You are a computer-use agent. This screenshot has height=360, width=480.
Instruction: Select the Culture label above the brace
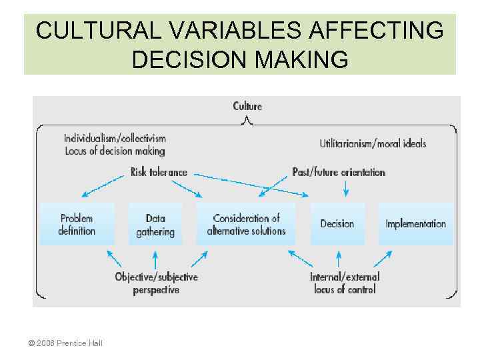pyautogui.click(x=247, y=106)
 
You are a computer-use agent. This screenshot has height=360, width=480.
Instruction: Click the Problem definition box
pyautogui.click(x=77, y=224)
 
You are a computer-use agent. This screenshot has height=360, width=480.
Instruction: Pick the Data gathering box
pyautogui.click(x=155, y=224)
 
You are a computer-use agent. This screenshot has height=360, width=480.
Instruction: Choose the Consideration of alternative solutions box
pyautogui.click(x=246, y=224)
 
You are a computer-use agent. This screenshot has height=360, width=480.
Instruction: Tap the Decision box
pyautogui.click(x=337, y=224)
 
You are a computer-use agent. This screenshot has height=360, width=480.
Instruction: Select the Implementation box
pyautogui.click(x=415, y=224)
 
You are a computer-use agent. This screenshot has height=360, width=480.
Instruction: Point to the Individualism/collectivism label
pyautogui.click(x=115, y=139)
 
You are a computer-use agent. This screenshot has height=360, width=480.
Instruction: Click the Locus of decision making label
pyautogui.click(x=115, y=151)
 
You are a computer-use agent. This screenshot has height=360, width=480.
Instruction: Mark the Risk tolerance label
pyautogui.click(x=159, y=172)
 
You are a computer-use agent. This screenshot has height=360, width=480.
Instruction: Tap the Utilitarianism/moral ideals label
pyautogui.click(x=373, y=143)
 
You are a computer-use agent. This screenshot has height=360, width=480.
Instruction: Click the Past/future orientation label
pyautogui.click(x=339, y=172)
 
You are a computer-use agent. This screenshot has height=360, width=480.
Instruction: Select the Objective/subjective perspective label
pyautogui.click(x=156, y=283)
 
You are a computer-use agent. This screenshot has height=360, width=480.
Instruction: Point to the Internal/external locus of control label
pyautogui.click(x=345, y=283)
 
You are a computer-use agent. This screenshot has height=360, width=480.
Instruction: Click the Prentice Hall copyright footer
pyautogui.click(x=65, y=343)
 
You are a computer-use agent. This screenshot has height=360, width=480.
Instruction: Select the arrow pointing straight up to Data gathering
pyautogui.click(x=155, y=259)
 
